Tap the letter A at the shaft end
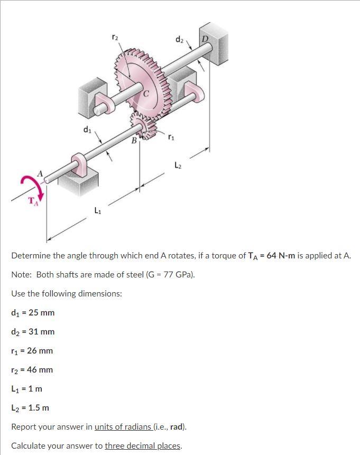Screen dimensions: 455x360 pos(39,173)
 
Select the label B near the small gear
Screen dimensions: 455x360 pos(134,141)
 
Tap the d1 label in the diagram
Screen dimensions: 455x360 pos(87,128)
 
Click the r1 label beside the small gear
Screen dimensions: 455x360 pos(170,138)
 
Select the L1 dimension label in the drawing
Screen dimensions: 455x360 pos(97,211)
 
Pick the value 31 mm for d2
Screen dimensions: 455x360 pos(41,332)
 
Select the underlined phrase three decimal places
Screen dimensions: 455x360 pos(143,446)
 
